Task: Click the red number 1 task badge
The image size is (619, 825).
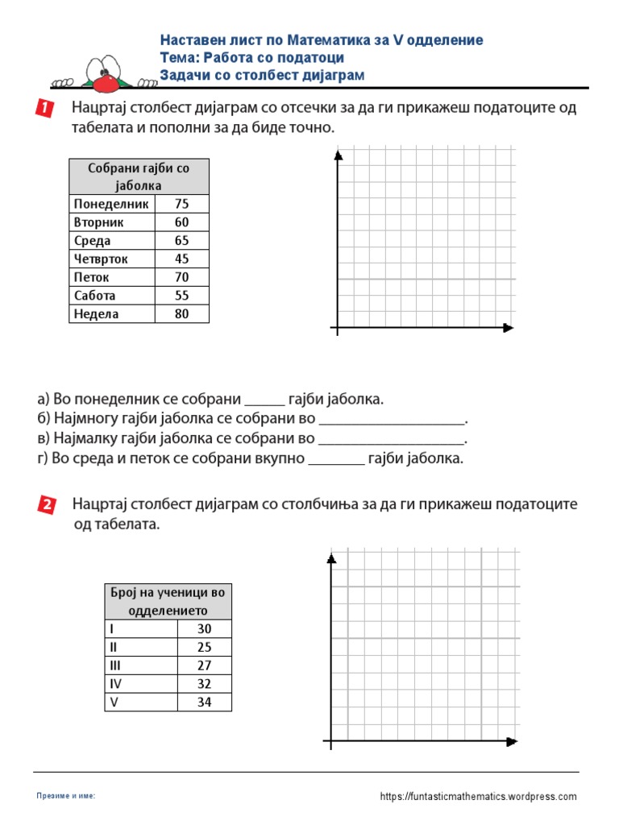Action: [44, 109]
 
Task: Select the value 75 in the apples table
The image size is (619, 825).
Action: [181, 204]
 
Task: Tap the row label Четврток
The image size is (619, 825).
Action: [101, 259]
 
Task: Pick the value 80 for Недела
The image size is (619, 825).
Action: [181, 314]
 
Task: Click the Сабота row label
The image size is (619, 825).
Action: [95, 296]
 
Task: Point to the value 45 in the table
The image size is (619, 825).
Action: [181, 259]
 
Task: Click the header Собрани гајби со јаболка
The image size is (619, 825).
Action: [139, 176]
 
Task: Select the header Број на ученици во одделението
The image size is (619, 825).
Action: [168, 601]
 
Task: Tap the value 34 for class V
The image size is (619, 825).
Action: [204, 702]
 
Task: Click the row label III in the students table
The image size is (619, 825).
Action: [113, 665]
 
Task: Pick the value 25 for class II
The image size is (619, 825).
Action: [204, 647]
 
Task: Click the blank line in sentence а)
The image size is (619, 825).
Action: [264, 404]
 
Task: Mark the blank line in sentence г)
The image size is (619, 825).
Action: [336, 463]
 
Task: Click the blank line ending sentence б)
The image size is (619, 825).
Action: [393, 424]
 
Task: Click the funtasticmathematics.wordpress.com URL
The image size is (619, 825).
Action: [478, 796]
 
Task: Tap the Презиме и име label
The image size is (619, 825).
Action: [66, 796]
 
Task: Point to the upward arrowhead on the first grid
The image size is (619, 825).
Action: [339, 155]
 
